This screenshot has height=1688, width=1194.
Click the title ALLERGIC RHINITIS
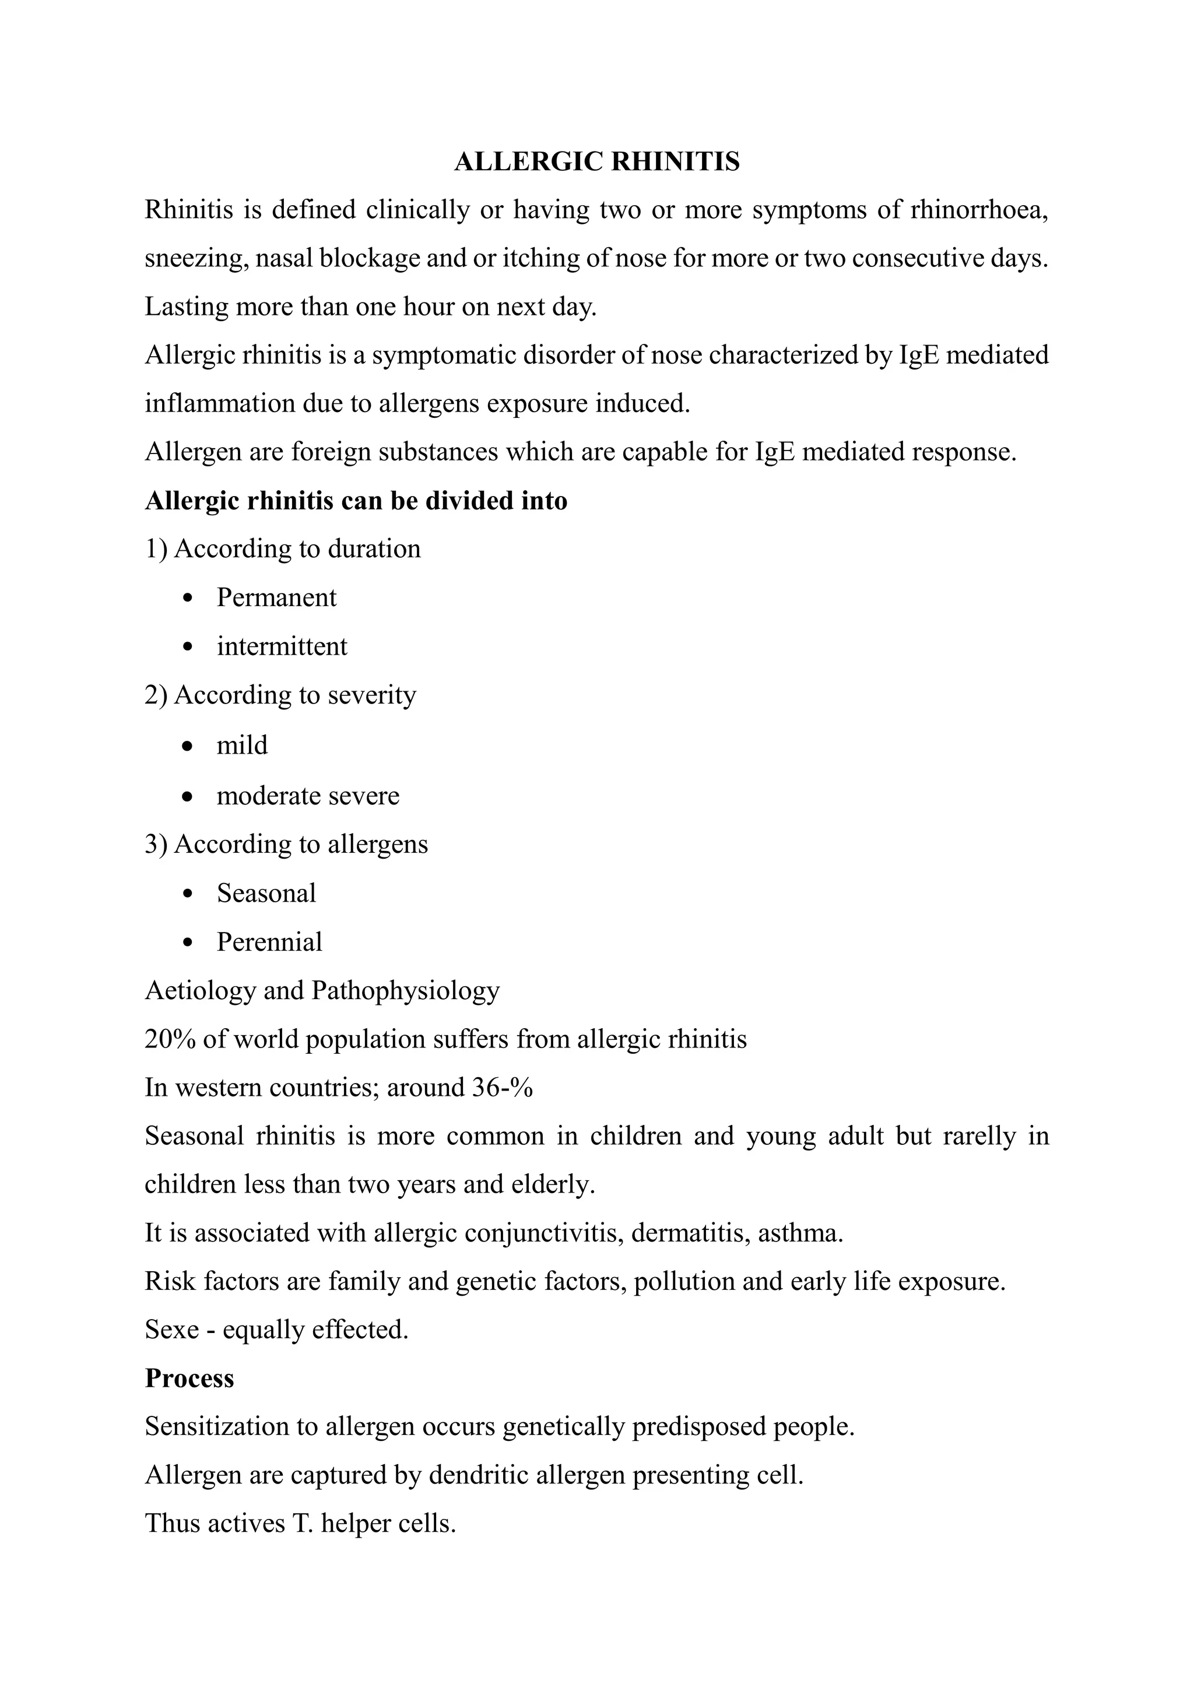596,161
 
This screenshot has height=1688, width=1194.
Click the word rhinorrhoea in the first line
979,210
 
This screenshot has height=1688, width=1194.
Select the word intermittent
282,647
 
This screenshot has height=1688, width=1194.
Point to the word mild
242,745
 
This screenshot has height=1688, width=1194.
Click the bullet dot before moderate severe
189,796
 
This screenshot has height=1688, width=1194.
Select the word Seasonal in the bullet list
266,894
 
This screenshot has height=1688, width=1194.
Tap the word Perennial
269,943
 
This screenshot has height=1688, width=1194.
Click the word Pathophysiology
405,991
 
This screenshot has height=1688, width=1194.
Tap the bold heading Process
189,1378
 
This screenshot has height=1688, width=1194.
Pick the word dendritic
479,1475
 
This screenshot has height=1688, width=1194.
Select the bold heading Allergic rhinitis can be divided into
356,501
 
